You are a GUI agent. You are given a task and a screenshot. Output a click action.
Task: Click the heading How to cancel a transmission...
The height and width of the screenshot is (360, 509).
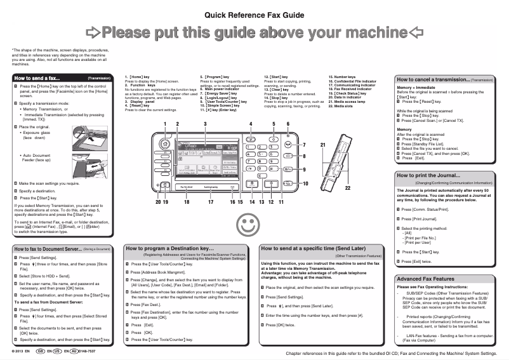432,80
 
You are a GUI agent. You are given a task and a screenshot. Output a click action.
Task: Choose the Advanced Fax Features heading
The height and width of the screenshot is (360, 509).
425,279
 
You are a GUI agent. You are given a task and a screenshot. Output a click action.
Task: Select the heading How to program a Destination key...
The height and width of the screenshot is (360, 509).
171,248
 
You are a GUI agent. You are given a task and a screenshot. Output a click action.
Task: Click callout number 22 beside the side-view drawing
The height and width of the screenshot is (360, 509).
347,189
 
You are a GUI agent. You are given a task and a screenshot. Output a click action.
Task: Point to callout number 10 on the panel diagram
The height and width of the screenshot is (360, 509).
305,183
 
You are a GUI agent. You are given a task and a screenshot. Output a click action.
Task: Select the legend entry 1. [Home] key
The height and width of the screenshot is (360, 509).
140,76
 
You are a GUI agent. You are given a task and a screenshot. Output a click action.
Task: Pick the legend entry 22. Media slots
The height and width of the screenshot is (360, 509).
343,107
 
